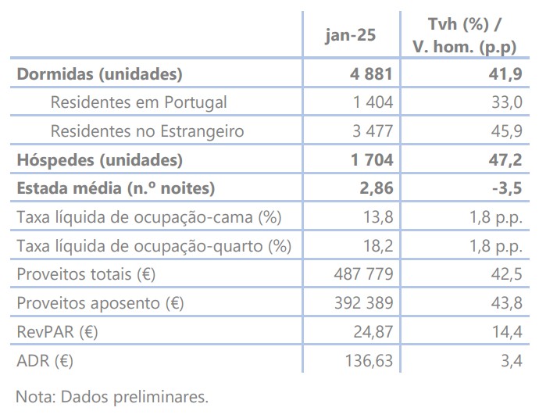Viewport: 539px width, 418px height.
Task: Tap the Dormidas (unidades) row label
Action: (x=99, y=75)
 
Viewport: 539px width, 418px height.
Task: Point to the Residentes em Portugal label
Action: (x=138, y=102)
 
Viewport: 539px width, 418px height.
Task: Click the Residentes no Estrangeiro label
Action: (x=147, y=131)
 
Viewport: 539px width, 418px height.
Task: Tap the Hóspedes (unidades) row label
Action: (x=99, y=160)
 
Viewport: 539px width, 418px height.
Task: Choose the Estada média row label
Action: (x=115, y=188)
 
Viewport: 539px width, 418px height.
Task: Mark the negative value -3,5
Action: (x=504, y=188)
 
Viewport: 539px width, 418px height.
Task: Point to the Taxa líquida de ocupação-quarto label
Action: (x=153, y=246)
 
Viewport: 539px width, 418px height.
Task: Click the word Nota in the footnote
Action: (x=34, y=396)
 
